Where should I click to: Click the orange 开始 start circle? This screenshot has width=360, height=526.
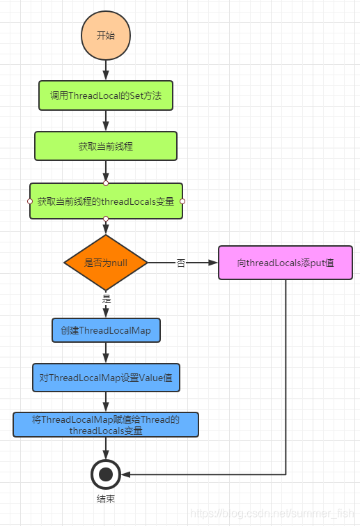point(106,35)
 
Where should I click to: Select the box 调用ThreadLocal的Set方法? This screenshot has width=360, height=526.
point(106,96)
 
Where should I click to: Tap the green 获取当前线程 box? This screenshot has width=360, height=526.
point(106,146)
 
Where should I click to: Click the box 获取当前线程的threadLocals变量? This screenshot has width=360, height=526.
point(106,201)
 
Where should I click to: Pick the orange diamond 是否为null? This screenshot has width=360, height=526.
point(106,263)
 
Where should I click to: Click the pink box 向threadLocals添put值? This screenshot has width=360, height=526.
point(285,263)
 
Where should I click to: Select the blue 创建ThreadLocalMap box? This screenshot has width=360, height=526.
point(106,330)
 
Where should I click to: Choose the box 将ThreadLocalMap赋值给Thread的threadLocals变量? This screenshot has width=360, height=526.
point(106,425)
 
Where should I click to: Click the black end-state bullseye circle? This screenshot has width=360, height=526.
point(106,474)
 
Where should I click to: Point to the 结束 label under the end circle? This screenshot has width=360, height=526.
point(106,499)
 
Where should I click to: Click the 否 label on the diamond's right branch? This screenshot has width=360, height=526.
point(181,263)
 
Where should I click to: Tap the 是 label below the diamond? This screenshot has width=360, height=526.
point(107,298)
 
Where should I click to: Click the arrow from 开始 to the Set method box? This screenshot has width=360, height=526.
point(106,70)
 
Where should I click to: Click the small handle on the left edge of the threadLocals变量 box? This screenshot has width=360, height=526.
point(30,201)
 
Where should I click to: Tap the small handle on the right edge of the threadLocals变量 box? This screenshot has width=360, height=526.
point(182,201)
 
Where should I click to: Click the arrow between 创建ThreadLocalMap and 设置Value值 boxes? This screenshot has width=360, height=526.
point(106,353)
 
